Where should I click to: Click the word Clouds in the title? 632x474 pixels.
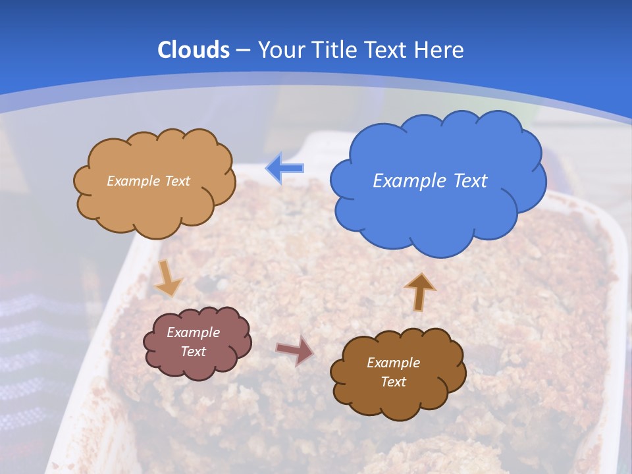click(194, 50)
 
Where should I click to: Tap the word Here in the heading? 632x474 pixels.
click(440, 50)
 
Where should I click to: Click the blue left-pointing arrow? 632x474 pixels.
click(285, 169)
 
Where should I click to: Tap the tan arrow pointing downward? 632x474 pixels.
click(169, 278)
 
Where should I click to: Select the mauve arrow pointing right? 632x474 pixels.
click(294, 350)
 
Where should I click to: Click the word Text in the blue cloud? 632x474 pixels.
click(471, 181)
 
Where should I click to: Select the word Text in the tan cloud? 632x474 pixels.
click(177, 181)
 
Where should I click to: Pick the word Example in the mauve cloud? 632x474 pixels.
click(193, 332)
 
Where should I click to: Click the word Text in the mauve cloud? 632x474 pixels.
click(194, 352)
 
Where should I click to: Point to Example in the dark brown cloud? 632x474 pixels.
click(393, 363)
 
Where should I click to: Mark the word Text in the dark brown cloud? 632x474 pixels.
click(393, 382)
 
